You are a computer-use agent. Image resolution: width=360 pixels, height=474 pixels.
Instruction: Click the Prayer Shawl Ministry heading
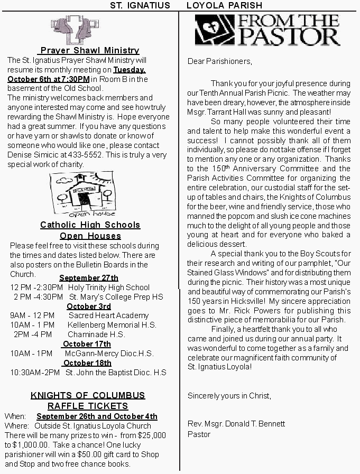point(90,50)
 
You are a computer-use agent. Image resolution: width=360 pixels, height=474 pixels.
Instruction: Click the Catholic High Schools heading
point(90,225)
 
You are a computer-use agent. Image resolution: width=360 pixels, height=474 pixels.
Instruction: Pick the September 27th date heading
point(89,278)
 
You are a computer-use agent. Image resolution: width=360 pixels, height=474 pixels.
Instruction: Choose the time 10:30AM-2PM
point(35,373)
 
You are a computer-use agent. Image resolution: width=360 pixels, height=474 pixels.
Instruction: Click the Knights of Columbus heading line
point(88,395)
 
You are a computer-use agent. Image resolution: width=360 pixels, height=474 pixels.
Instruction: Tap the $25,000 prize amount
point(152,435)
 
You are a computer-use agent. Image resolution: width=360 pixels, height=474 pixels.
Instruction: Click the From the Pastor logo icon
point(214,30)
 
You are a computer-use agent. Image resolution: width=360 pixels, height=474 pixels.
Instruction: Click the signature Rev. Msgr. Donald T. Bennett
point(236,424)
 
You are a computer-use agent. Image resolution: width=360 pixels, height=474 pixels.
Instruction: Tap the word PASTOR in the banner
point(290,37)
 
